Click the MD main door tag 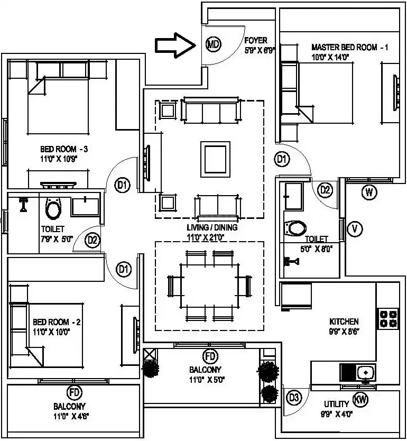[212, 44]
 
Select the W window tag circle [369, 192]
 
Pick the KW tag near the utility [361, 400]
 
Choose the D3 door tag [294, 397]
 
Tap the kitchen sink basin [366, 373]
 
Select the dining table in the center [209, 286]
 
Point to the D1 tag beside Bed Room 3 [123, 185]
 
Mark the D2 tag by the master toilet [325, 190]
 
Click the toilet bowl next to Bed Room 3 [53, 209]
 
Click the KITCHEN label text [344, 321]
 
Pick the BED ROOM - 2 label [52, 322]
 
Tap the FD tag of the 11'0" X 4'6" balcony [74, 392]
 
